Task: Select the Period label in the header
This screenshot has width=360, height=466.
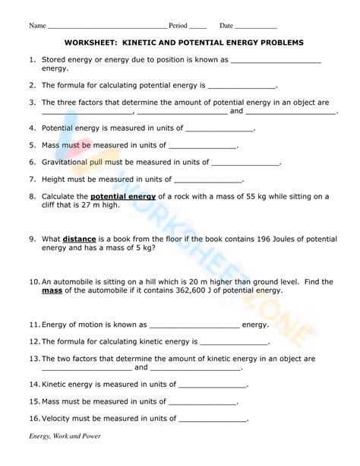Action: click(178, 26)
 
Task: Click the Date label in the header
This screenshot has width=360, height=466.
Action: click(226, 26)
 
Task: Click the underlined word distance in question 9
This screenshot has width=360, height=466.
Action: click(79, 238)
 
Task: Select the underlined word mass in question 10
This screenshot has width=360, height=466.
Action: click(51, 290)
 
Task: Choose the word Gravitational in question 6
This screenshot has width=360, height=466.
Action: click(69, 162)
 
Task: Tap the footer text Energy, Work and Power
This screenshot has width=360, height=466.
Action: click(65, 457)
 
